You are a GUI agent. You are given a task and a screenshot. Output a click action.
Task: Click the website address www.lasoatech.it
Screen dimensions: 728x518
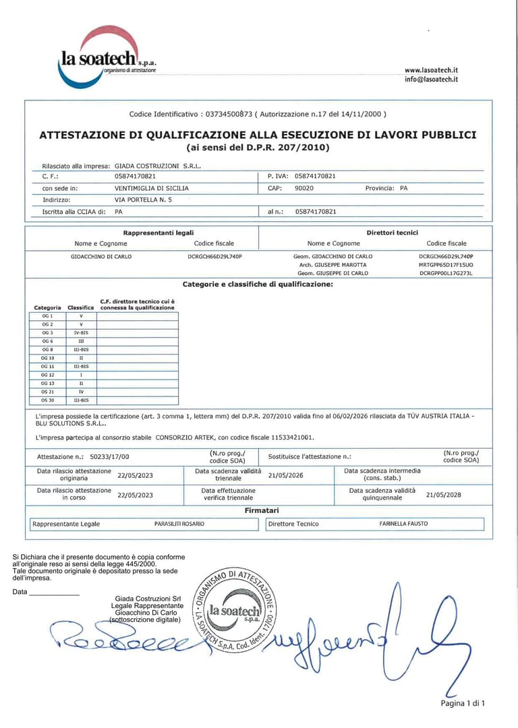(x=431, y=70)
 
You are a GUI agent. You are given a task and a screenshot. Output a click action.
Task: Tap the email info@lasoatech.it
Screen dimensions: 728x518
(x=431, y=79)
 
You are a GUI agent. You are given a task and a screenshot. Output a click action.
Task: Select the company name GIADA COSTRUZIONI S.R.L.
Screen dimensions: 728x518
(x=158, y=165)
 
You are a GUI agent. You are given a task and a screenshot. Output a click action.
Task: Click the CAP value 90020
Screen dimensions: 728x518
(x=304, y=188)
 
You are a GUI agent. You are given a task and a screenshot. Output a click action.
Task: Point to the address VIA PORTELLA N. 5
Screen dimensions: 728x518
(x=143, y=200)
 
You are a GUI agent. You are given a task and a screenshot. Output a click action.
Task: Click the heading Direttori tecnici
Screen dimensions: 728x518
(x=392, y=233)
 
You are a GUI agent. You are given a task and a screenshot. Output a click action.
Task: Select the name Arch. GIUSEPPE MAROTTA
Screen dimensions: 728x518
(x=333, y=265)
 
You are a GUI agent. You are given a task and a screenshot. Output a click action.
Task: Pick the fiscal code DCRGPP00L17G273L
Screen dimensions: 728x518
(x=446, y=274)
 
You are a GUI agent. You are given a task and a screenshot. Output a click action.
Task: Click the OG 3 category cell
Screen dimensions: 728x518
(x=47, y=332)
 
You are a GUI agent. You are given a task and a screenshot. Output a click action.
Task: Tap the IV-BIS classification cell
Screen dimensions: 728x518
(x=81, y=332)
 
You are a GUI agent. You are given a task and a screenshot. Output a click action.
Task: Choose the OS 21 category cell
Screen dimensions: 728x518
(x=47, y=391)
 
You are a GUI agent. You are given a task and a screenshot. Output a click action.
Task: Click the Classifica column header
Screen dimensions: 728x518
(x=81, y=307)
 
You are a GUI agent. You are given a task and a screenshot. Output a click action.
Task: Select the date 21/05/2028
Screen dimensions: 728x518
(x=444, y=494)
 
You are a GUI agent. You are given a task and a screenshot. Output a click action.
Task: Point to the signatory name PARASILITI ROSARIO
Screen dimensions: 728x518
(x=179, y=524)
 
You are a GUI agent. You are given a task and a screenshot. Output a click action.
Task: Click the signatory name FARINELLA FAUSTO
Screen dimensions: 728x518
(x=403, y=524)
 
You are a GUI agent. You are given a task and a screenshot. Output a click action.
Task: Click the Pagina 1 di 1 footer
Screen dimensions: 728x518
(x=463, y=703)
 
